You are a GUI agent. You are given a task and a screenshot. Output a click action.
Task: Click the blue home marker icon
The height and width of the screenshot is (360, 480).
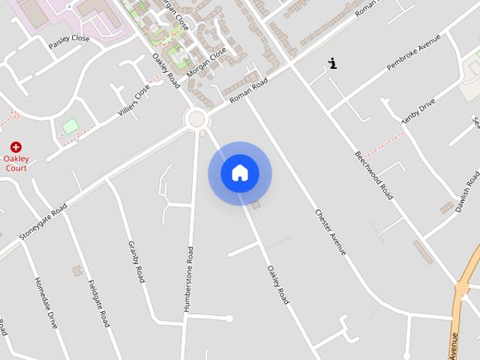[x=240, y=173]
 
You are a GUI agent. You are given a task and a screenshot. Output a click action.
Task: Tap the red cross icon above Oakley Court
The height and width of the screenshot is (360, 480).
[x=16, y=147]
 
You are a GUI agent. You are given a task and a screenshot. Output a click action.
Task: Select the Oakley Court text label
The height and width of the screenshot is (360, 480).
[x=16, y=163]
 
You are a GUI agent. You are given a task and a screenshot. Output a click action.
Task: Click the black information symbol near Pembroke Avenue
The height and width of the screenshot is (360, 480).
[x=332, y=64]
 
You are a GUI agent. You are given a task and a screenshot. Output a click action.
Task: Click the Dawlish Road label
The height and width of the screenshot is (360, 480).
[x=466, y=191]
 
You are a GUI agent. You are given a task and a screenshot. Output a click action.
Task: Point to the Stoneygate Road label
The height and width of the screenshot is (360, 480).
[x=43, y=222]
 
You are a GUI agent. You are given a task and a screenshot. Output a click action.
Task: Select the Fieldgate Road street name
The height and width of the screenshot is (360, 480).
[x=98, y=303]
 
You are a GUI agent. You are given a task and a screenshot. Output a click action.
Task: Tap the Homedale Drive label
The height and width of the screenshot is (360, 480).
[x=45, y=303]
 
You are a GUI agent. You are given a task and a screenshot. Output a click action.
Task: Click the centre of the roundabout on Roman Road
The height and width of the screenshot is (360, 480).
[x=197, y=118]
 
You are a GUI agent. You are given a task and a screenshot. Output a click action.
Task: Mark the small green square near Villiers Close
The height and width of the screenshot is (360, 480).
[x=70, y=126]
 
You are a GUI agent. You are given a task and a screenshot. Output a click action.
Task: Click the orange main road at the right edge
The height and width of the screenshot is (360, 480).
[x=464, y=285]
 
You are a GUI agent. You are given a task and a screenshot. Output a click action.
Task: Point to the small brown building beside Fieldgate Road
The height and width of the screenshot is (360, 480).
[x=76, y=270]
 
